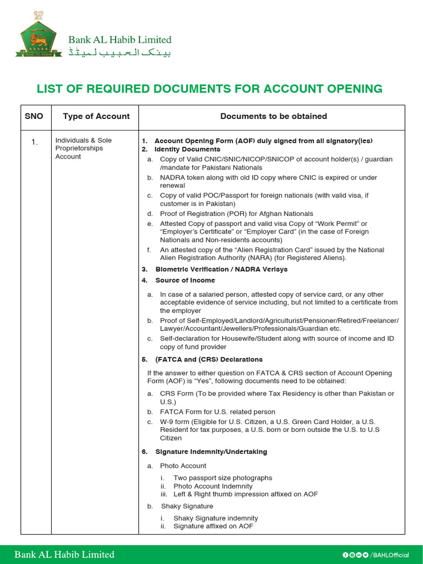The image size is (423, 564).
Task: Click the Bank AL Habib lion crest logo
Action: (38, 35)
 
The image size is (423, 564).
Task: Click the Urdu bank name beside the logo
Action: (120, 53)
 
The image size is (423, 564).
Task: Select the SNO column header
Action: (34, 116)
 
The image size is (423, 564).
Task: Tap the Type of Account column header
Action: (96, 116)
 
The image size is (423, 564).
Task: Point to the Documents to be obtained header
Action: (273, 116)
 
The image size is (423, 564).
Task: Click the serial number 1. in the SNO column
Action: (34, 143)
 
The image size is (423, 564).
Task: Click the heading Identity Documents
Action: (187, 149)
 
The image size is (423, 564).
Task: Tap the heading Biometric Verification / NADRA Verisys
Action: (221, 269)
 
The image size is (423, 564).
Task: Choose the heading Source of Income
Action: (185, 280)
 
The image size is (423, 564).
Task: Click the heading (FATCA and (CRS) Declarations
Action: (209, 360)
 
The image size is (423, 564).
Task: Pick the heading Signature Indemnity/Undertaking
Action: (211, 452)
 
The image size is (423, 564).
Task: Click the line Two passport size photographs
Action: (223, 478)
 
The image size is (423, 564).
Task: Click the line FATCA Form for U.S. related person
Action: (218, 412)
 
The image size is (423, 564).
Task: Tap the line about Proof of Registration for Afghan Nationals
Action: (236, 214)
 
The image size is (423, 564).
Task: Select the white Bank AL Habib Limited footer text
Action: (64, 555)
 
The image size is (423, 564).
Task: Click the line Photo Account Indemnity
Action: (213, 486)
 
